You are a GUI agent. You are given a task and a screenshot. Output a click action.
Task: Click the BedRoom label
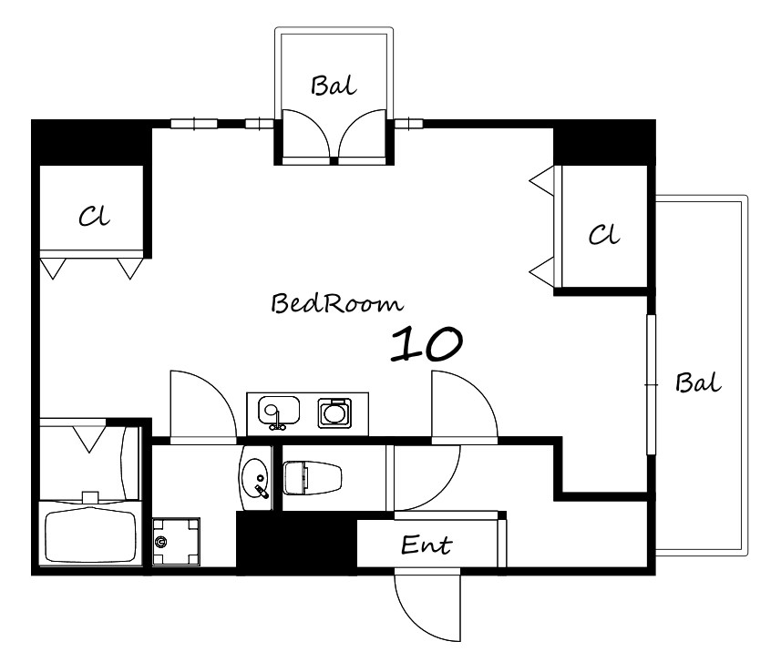click(x=336, y=303)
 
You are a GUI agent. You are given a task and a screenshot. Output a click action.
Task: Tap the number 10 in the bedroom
click(x=426, y=343)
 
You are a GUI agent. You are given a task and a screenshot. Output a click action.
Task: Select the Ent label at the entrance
click(x=426, y=545)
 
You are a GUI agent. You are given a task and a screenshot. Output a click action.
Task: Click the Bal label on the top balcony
click(x=334, y=86)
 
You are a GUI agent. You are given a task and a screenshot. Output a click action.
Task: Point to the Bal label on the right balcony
click(x=698, y=382)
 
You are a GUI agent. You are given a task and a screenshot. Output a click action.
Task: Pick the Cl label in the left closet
click(x=94, y=217)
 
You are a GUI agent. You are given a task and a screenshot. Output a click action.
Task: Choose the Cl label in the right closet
click(x=604, y=234)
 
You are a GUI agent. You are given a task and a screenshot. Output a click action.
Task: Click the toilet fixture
click(x=313, y=478)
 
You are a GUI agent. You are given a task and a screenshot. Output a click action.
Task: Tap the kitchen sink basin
click(x=279, y=412)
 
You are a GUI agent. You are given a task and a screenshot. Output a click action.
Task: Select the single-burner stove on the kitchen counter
click(x=334, y=412)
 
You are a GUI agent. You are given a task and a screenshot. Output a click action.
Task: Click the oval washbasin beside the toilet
click(x=254, y=477)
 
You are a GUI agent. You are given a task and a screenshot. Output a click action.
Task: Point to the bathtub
click(x=90, y=535)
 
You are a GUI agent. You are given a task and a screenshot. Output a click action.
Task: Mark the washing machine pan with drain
click(x=176, y=542)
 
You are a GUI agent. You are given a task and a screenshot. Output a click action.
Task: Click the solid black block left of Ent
click(x=297, y=543)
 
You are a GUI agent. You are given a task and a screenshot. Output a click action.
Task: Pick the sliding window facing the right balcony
click(x=651, y=384)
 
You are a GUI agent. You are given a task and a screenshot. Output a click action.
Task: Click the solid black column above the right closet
click(x=605, y=142)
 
